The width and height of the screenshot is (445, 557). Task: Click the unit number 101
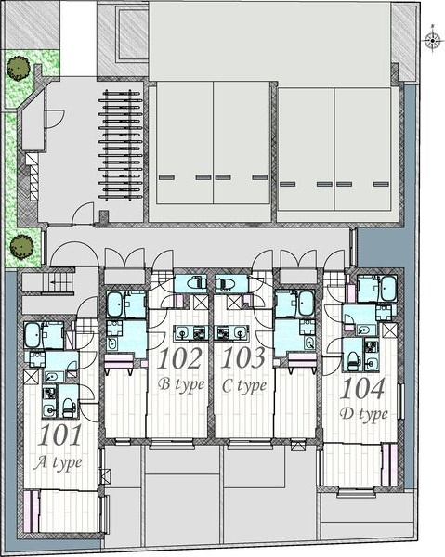(x=60, y=435)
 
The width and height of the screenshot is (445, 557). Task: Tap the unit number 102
(x=179, y=358)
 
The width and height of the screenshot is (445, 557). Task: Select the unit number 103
(x=243, y=357)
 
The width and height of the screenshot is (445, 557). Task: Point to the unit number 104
(x=362, y=388)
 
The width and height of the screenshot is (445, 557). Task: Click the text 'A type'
(x=58, y=463)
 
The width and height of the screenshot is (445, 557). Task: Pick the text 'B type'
(x=181, y=385)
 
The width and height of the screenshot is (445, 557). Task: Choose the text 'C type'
(x=244, y=386)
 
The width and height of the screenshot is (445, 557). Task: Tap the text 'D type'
(x=363, y=415)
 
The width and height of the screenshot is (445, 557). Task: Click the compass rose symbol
(x=432, y=41)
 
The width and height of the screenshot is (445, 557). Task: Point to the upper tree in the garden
(x=18, y=68)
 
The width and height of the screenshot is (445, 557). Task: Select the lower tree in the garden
(x=21, y=246)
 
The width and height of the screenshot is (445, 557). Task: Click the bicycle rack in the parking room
(x=120, y=145)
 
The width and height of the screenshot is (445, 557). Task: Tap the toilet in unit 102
(x=196, y=283)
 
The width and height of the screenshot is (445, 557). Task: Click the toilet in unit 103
(x=225, y=284)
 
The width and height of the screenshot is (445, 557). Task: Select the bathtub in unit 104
(x=388, y=288)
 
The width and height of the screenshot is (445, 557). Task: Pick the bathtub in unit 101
(x=33, y=335)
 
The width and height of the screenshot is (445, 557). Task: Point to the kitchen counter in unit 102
(x=192, y=333)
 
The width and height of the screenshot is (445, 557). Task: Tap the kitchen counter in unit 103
(x=232, y=333)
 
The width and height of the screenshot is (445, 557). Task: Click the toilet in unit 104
(x=353, y=360)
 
